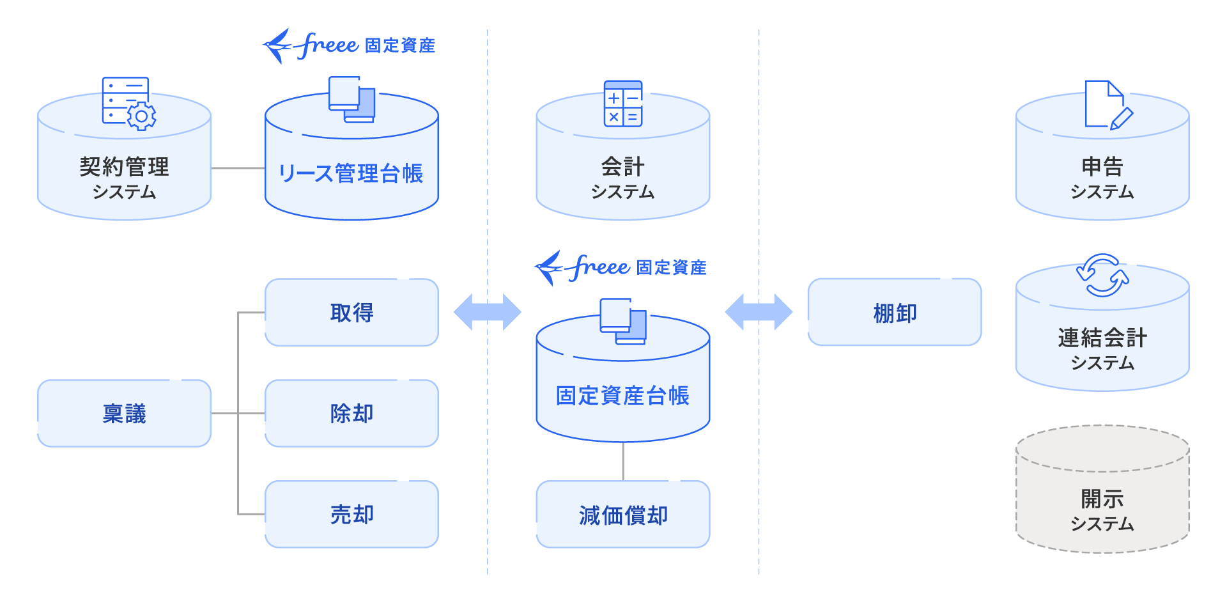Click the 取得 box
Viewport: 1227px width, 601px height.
[x=351, y=313]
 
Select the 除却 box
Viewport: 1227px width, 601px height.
[x=351, y=414]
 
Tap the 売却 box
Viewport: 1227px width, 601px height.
[x=351, y=515]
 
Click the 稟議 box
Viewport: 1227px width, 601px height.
[x=124, y=414]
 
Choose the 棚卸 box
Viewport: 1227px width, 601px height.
[x=894, y=313]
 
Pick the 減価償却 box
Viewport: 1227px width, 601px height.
[x=623, y=515]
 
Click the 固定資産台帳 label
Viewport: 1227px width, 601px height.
[x=622, y=396]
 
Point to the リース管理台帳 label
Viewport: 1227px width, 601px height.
[x=351, y=173]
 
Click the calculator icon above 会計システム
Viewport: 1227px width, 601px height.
[x=623, y=104]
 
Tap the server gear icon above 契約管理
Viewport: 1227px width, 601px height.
[x=128, y=104]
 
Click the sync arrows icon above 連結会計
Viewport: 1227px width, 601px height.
[x=1102, y=276]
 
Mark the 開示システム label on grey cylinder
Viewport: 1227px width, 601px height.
[x=1102, y=510]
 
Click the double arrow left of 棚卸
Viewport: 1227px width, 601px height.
[x=759, y=312]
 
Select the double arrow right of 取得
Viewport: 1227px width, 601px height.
[x=488, y=312]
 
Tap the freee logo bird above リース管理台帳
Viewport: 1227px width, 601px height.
[x=279, y=45]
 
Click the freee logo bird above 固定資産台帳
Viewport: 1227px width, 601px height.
[x=550, y=267]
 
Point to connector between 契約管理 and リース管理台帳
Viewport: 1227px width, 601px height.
[x=238, y=168]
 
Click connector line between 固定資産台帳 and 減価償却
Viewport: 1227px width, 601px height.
[x=623, y=461]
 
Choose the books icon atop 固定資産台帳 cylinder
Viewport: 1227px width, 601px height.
[x=622, y=321]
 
